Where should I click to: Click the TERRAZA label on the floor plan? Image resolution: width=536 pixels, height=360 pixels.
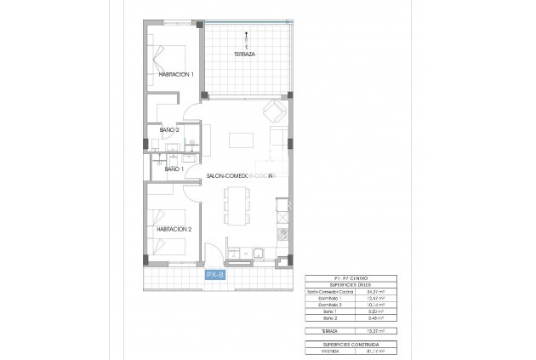(245, 54)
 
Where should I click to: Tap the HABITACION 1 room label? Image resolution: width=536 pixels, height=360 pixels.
(176, 75)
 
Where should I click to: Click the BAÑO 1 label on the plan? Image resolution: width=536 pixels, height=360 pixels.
(174, 170)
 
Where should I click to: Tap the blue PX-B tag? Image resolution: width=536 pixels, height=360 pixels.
(215, 274)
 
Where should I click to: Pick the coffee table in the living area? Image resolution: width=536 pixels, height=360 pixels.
(243, 139)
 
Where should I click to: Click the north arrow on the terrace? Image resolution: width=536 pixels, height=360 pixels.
(246, 37)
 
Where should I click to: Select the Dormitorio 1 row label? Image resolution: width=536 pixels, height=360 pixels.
(322, 299)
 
